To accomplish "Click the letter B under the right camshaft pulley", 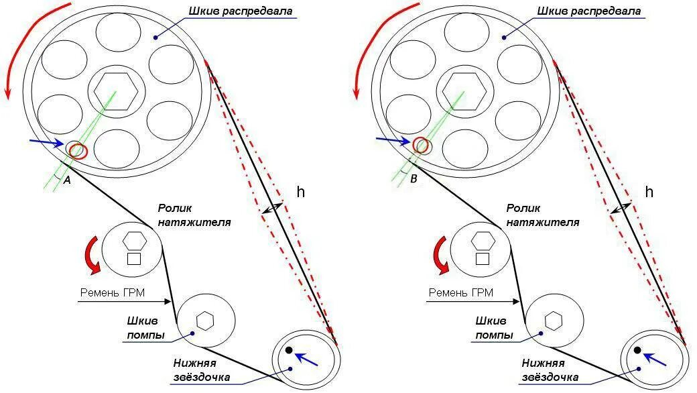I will pos(414,180).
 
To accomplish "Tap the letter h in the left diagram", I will pos(301,192).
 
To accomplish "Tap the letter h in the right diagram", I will pos(649,192).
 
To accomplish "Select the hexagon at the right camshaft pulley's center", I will pos(464,89).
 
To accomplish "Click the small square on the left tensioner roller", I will pos(134,258).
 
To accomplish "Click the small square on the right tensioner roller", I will pos(483,258).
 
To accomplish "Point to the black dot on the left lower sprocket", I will pos(289,350).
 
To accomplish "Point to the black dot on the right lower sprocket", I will pos(637,350).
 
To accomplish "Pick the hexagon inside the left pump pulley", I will pos(205,321).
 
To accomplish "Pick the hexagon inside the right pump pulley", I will pos(553,321).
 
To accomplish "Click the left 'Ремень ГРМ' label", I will pos(113,292).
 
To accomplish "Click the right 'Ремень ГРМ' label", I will pos(460,292).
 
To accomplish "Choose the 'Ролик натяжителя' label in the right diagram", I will pos(543,215).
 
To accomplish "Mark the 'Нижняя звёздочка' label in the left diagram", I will pos(202,370).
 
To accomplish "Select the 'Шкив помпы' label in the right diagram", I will pos(494,328).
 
